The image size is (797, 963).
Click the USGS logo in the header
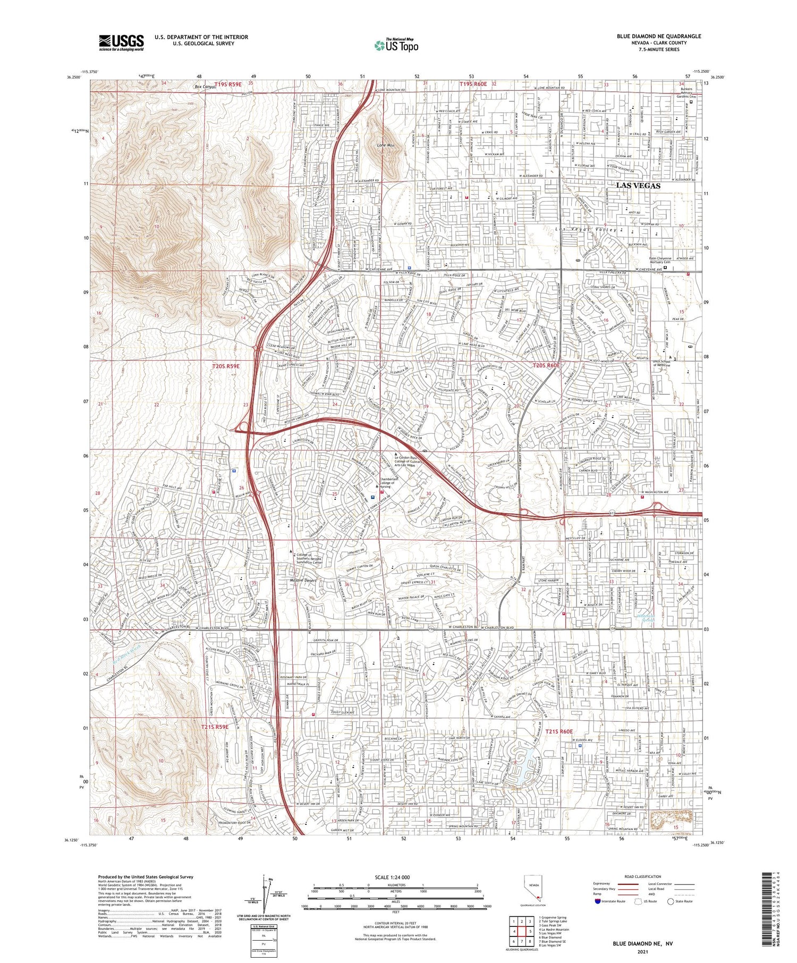121,42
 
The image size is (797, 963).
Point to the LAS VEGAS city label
638,185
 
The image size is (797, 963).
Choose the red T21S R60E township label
559,732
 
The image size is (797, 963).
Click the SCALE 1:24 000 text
395,877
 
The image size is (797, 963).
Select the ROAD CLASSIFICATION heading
642,876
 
